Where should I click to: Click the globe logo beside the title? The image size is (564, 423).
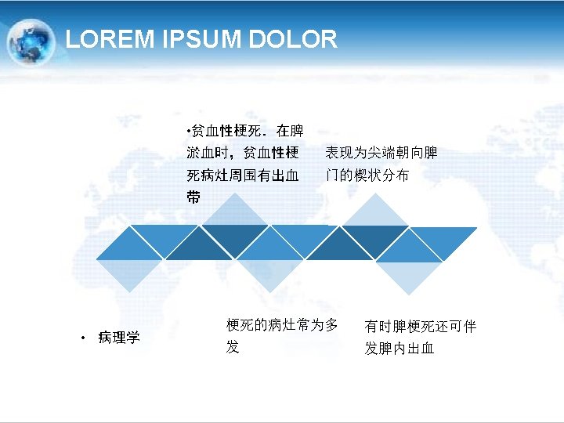coord(31,42)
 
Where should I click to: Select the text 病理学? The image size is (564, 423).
coord(119,338)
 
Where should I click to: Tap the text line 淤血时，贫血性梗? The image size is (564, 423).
coord(243,153)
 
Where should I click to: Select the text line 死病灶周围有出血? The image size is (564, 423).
coord(243,175)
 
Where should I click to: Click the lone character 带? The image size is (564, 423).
coord(193,197)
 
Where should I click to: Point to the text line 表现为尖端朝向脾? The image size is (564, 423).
coord(381,153)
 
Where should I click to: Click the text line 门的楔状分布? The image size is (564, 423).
coord(367,175)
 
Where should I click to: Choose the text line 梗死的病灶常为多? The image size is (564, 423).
coord(282,325)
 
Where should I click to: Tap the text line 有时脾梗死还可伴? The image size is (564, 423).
coord(420,327)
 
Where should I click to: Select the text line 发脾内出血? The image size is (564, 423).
coord(399,349)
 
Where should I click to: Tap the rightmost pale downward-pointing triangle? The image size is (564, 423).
coord(409,274)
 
